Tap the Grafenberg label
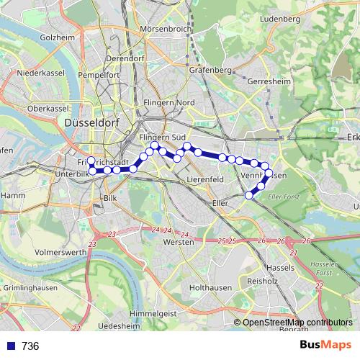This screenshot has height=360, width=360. (210, 71)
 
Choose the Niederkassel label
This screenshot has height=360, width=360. (41, 73)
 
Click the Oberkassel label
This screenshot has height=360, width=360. (46, 108)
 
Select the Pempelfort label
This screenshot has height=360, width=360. (100, 74)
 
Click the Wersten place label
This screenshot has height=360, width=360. (179, 243)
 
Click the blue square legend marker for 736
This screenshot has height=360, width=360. (9, 346)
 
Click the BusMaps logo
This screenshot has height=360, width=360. (327, 346)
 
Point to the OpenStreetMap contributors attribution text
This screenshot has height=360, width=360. (297, 322)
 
